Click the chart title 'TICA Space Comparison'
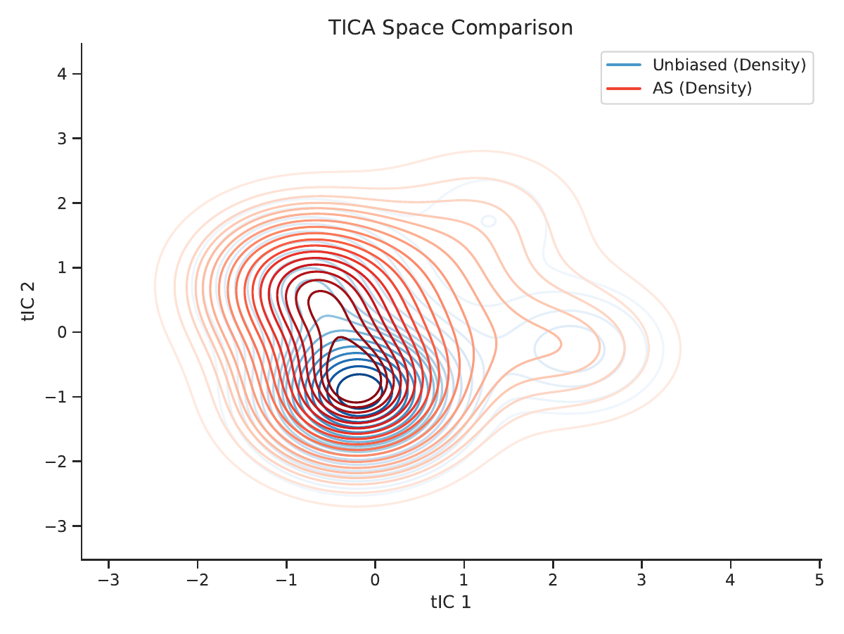[450, 27]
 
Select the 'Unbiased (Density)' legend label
[729, 65]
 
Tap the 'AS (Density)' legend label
[702, 88]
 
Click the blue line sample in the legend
[624, 65]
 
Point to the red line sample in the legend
[624, 89]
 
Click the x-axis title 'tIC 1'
[451, 602]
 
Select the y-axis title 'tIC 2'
[28, 301]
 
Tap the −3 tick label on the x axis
[108, 580]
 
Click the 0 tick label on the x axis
[375, 580]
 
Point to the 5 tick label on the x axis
[819, 580]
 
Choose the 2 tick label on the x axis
[553, 580]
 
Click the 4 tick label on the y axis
[62, 73]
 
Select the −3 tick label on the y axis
[56, 526]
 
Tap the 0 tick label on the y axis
[62, 332]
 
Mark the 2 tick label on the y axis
[62, 203]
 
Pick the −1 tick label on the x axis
[286, 580]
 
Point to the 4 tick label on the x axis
[730, 580]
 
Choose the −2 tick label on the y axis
[56, 462]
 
